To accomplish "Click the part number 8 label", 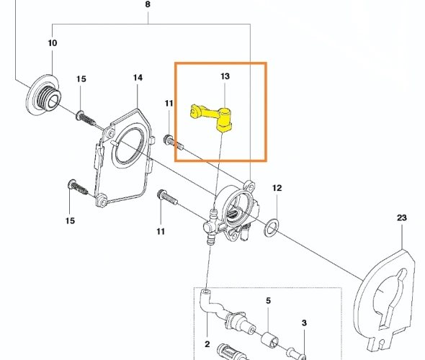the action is (x=148, y=4).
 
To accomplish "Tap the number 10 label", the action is (x=53, y=42).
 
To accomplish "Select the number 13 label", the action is (x=225, y=76).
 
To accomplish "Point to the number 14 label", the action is (x=138, y=78).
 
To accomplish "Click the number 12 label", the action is (x=277, y=188).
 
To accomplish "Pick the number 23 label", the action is (x=402, y=217).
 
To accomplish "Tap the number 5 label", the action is (x=268, y=301).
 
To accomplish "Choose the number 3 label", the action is (x=304, y=323).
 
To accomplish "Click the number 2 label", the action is (x=207, y=344).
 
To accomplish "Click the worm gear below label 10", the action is (x=44, y=95).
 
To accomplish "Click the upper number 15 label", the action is (x=81, y=79).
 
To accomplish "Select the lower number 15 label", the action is (x=70, y=221).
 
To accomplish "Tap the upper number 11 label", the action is (x=169, y=104).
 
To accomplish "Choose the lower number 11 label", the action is (x=161, y=232).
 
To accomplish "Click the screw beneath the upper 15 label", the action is (x=86, y=118).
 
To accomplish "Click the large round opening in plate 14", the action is (x=128, y=146).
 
